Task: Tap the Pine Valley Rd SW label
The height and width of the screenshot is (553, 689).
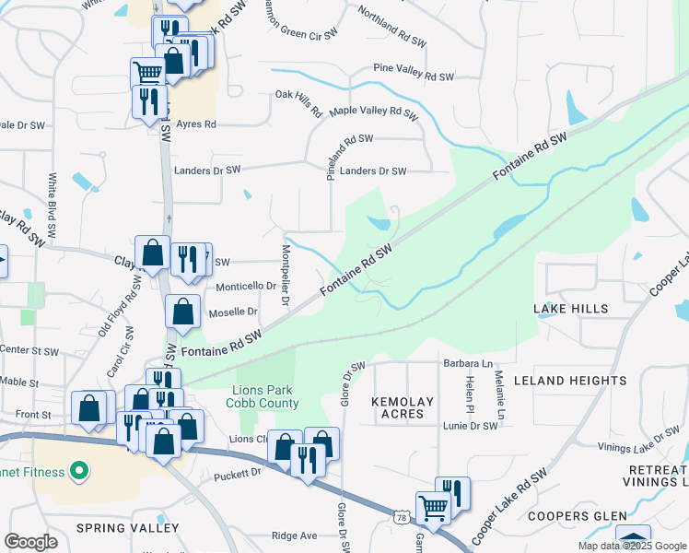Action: pos(414,69)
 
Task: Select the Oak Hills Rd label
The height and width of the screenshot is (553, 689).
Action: pos(298,104)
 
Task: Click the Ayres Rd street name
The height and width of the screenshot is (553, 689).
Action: pos(195,124)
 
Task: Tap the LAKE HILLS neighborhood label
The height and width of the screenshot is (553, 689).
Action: pos(571,308)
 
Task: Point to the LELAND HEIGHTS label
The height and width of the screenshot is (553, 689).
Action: pos(569,380)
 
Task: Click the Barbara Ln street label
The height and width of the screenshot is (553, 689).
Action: pos(471,363)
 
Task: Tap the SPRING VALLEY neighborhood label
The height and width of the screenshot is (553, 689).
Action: pos(128,528)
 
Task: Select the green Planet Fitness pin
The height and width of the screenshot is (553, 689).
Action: pos(78,472)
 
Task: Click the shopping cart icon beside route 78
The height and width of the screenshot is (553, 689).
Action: pos(432,506)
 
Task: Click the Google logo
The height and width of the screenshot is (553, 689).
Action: pos(31,542)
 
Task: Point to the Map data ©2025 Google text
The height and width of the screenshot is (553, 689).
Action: pos(631,546)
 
